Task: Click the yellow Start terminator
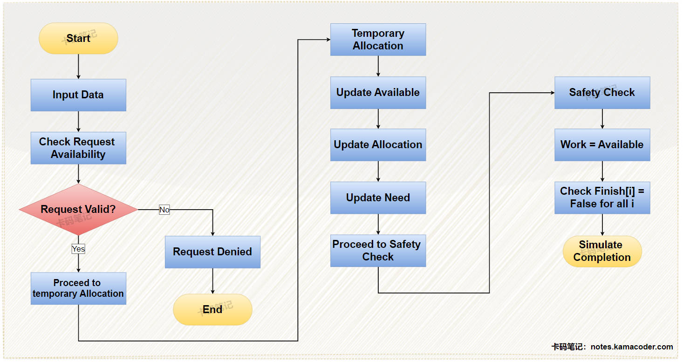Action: click(78, 38)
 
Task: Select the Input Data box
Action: click(78, 95)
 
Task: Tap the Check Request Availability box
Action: click(78, 148)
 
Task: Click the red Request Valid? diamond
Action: click(78, 210)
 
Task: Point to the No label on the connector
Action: click(164, 210)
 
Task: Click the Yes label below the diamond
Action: click(78, 249)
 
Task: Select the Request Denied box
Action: click(212, 252)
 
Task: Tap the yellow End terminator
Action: click(212, 309)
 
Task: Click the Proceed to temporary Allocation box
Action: click(78, 288)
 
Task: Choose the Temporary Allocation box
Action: click(378, 40)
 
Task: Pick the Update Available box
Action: click(378, 93)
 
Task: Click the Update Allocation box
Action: click(378, 145)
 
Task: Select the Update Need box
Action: click(378, 198)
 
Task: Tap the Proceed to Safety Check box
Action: click(378, 251)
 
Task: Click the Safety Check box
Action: click(602, 93)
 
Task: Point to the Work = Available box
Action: click(602, 145)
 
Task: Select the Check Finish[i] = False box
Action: click(602, 198)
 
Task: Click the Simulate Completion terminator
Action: click(602, 251)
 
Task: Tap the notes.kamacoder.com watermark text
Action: click(631, 347)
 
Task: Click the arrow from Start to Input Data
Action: click(78, 66)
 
